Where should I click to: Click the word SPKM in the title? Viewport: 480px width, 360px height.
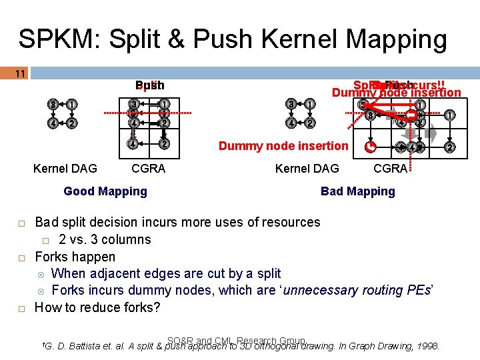coord(53,39)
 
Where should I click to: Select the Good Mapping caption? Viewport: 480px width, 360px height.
coord(105,191)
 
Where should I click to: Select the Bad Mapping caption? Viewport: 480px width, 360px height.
coord(357,191)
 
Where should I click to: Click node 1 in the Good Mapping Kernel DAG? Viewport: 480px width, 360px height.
coord(71,104)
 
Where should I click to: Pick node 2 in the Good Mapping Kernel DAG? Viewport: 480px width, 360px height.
coord(71,123)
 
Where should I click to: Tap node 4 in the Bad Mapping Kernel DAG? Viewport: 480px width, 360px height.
coord(291,123)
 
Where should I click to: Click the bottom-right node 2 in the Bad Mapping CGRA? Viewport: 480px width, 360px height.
coord(450,147)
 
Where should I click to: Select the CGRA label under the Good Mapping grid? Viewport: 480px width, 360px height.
coord(148,169)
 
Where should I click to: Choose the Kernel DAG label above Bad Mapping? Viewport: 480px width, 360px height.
coord(307,169)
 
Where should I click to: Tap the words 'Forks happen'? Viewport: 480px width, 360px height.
coord(75,257)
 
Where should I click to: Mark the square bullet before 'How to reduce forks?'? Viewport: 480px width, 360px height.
coord(21,308)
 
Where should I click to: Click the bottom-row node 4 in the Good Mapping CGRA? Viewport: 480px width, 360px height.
coord(134,145)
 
